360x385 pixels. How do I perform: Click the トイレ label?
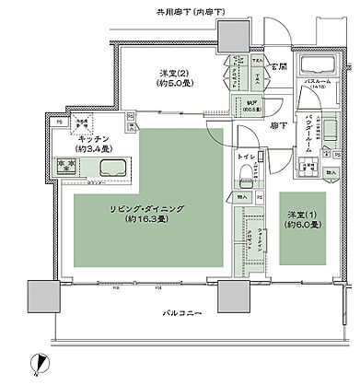[x=246, y=157]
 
